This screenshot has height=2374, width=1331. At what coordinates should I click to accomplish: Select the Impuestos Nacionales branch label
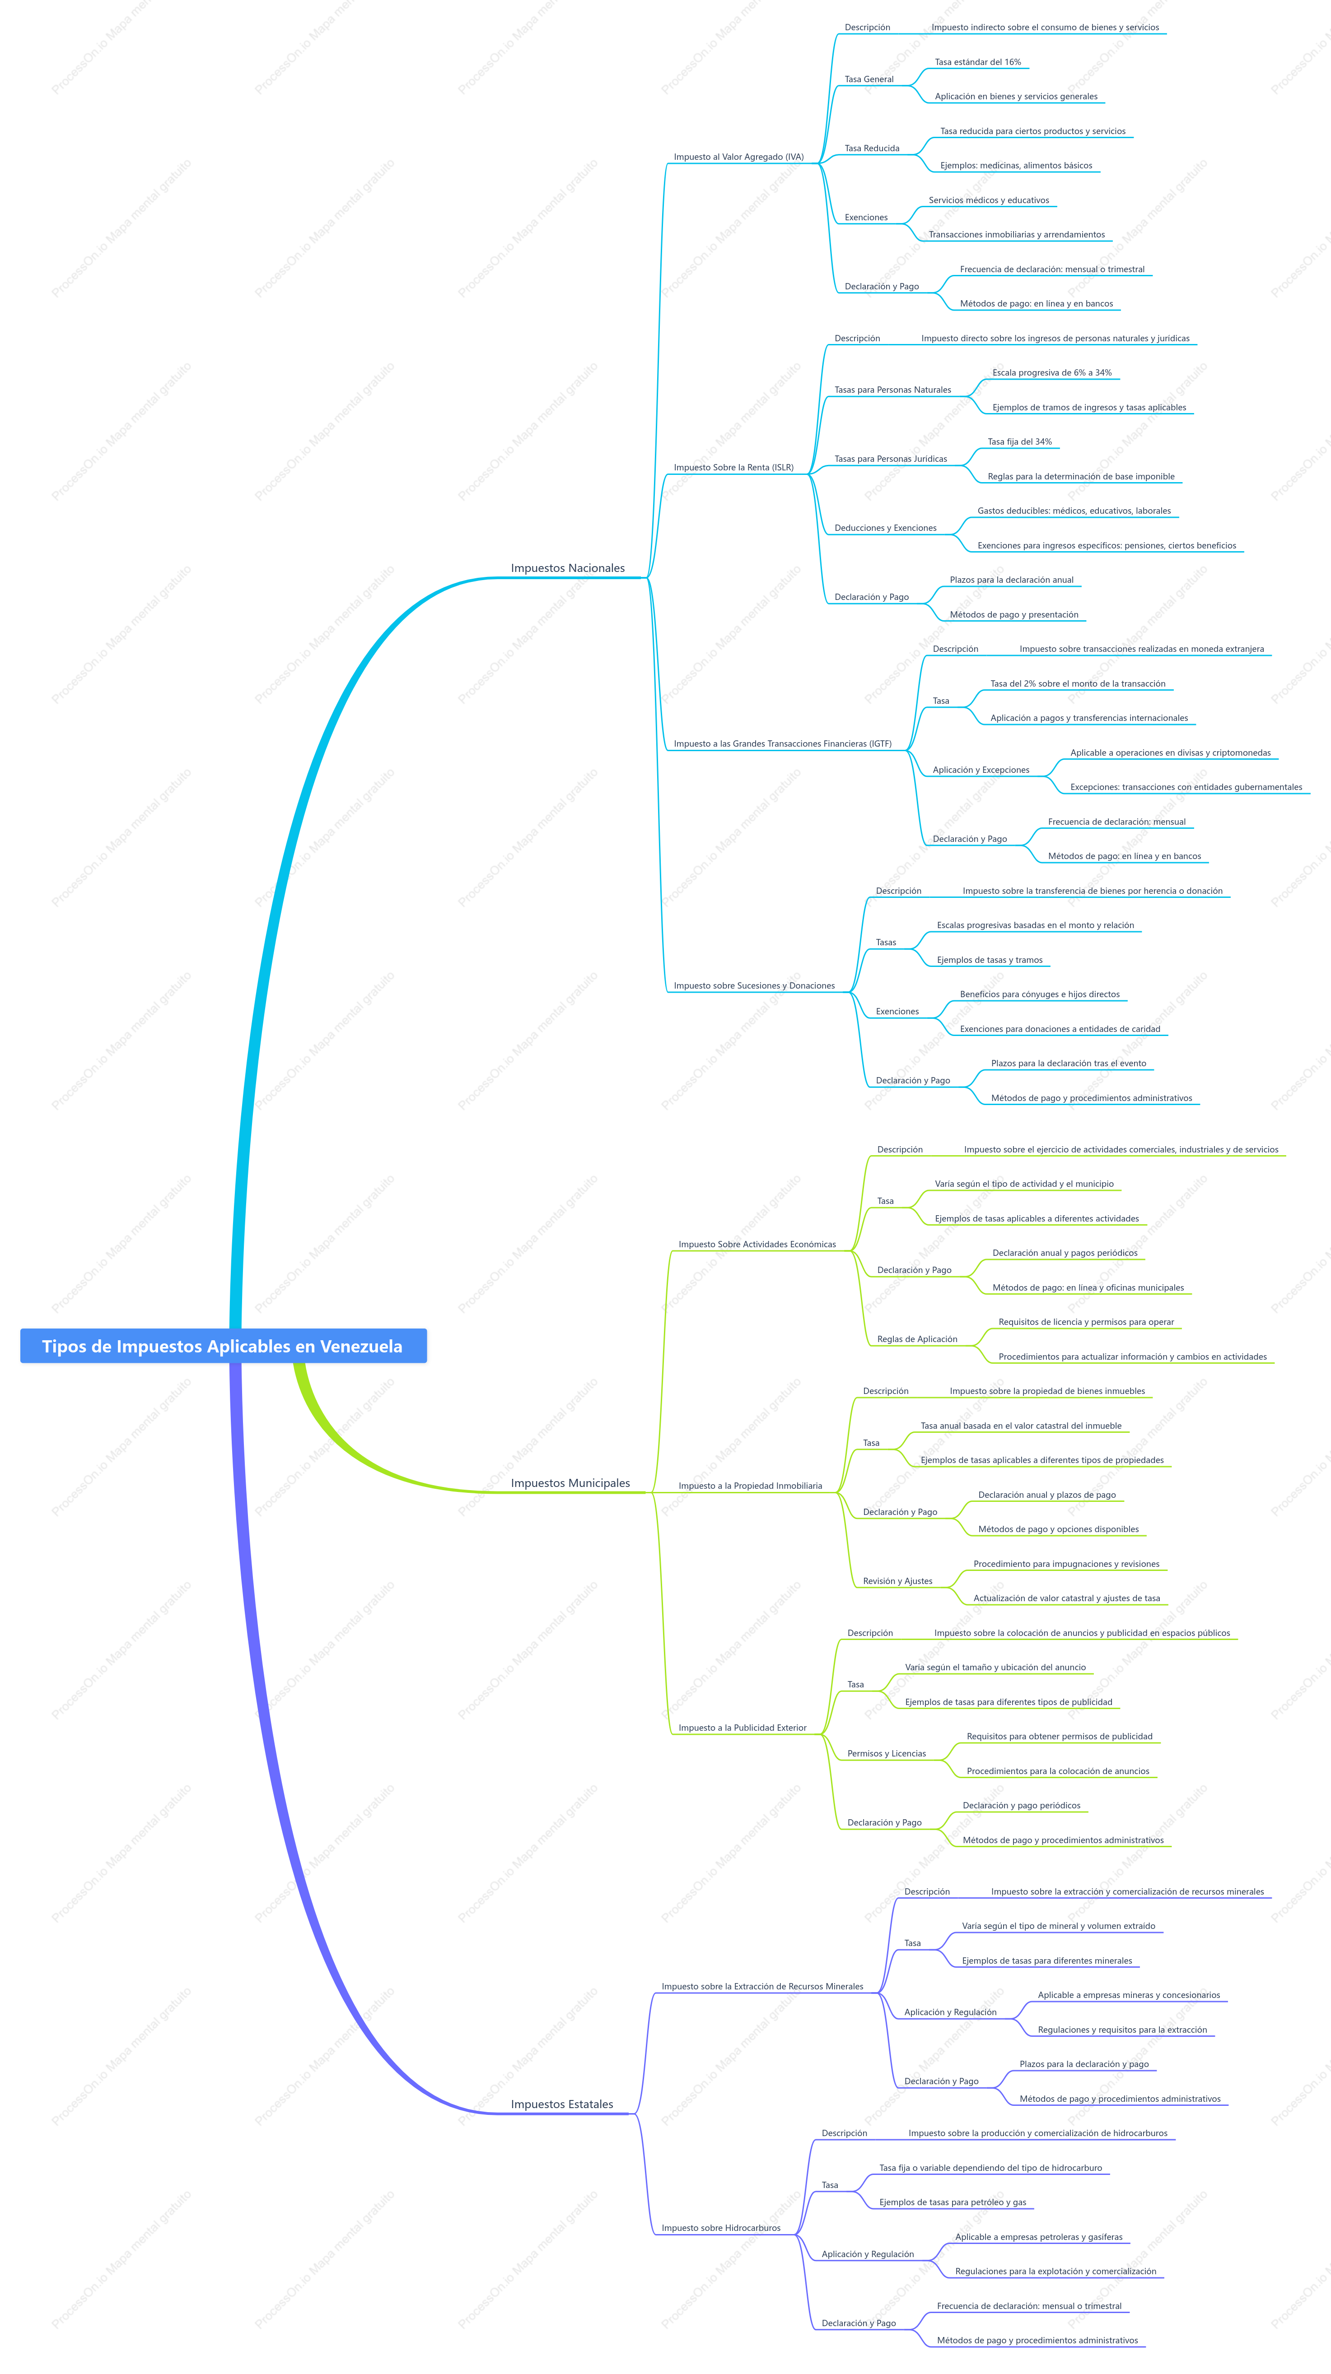568,568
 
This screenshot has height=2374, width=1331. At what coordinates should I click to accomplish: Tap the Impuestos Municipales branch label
570,1483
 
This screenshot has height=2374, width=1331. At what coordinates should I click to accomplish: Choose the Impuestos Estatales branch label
562,2104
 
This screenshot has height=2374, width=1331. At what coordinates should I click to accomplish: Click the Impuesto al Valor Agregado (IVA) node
738,157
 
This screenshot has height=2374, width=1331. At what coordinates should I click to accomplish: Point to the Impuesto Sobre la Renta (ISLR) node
734,467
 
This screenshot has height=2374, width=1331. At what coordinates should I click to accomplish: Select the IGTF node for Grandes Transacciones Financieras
783,744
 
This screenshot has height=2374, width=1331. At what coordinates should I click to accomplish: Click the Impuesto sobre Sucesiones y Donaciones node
754,986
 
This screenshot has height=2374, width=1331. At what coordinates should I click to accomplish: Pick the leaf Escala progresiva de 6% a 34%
1052,373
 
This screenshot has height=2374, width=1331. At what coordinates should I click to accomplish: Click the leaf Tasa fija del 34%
1019,442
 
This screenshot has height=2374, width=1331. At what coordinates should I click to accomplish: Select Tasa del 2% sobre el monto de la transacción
1078,684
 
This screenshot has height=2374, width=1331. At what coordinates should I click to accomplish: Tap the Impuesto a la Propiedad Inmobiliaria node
750,1486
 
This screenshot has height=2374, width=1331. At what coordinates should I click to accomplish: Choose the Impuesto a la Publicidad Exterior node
742,1728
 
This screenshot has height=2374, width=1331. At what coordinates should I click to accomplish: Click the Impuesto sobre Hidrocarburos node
721,2228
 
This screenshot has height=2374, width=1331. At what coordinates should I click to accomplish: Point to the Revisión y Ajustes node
898,1581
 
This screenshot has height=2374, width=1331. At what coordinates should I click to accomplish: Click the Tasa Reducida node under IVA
872,149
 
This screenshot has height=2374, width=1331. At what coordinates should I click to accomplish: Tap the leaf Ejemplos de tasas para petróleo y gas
952,2202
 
